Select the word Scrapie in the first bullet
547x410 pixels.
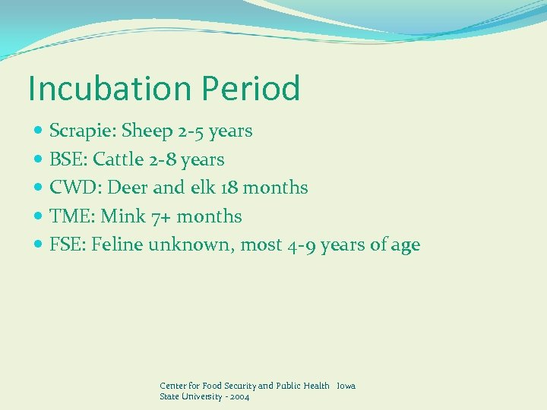coord(77,131)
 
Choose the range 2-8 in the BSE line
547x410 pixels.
coord(163,159)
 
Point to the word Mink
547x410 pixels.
coord(123,216)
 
